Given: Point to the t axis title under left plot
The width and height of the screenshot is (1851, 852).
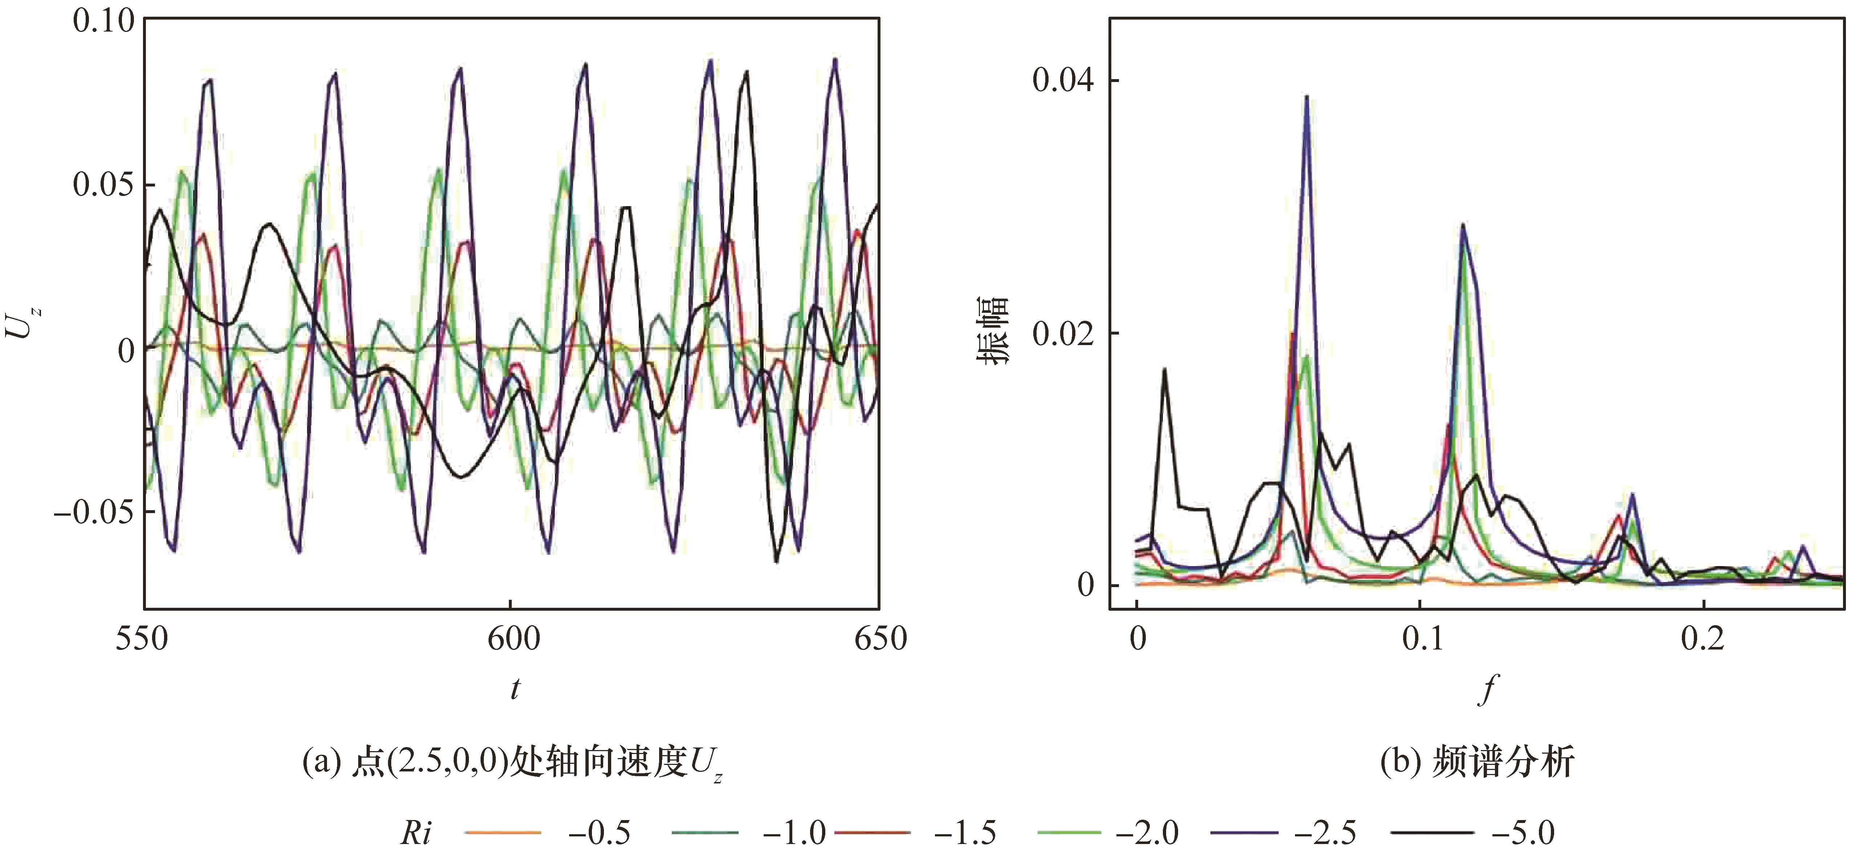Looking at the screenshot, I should (x=515, y=690).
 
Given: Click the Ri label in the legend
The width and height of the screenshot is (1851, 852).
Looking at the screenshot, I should (x=417, y=833).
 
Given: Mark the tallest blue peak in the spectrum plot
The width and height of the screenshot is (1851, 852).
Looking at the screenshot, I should (x=1306, y=97).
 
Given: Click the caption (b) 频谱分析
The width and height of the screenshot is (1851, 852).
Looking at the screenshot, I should (x=1477, y=763).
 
